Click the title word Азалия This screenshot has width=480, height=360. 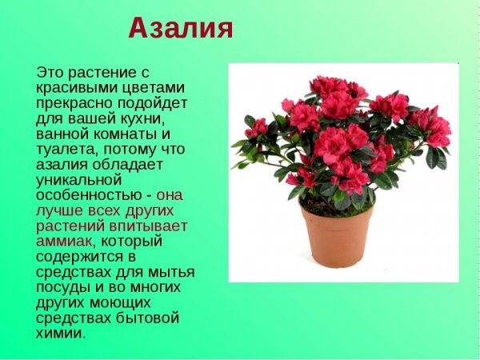coord(181,29)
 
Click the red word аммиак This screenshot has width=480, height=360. coord(64,240)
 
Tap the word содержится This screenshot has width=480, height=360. coord(78,256)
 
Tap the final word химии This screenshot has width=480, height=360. coord(59,333)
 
